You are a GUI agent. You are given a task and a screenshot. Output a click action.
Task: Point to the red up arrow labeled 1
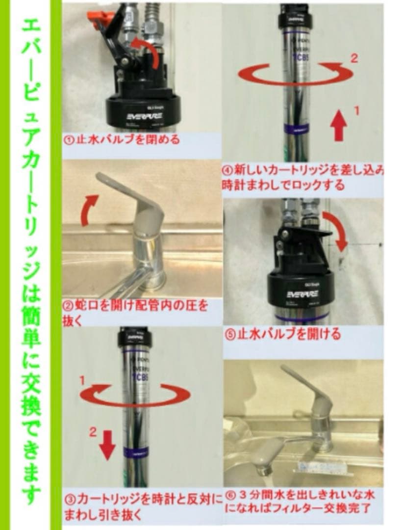339,126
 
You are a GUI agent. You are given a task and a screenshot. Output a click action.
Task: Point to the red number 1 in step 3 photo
83,380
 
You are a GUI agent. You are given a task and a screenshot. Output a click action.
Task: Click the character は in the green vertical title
30,294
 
